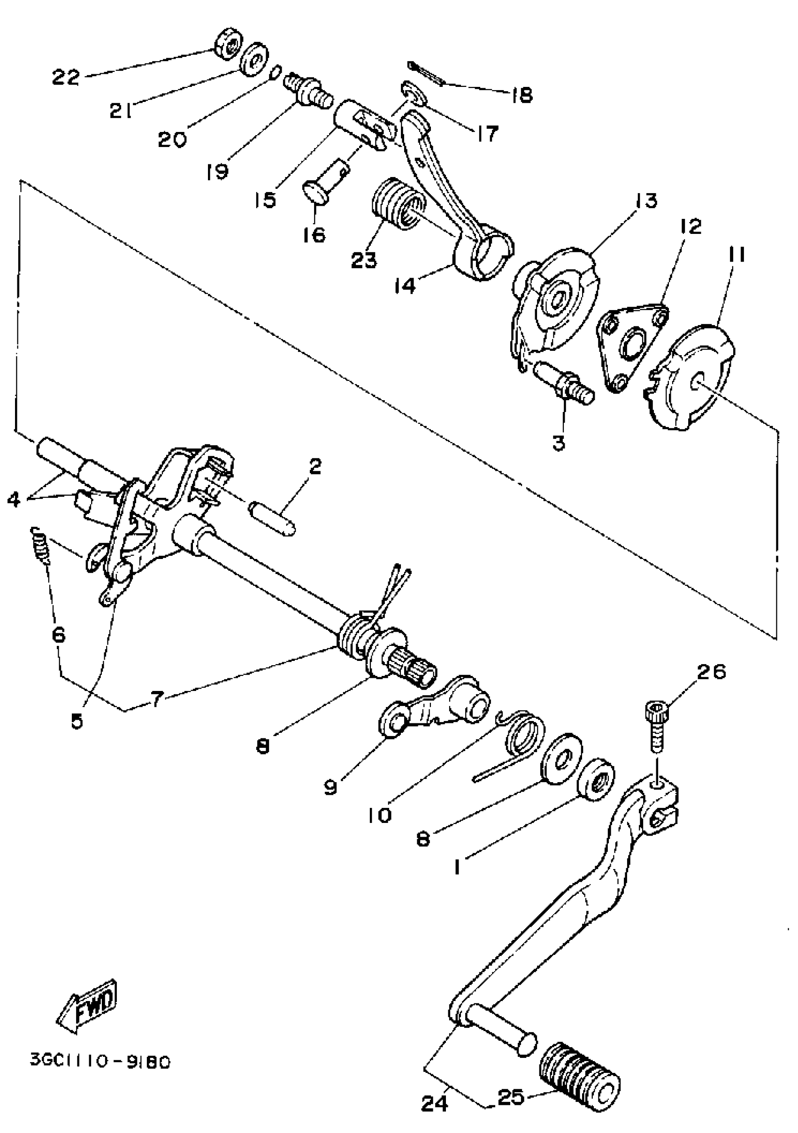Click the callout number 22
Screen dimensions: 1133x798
click(66, 78)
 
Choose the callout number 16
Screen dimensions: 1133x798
click(314, 234)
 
